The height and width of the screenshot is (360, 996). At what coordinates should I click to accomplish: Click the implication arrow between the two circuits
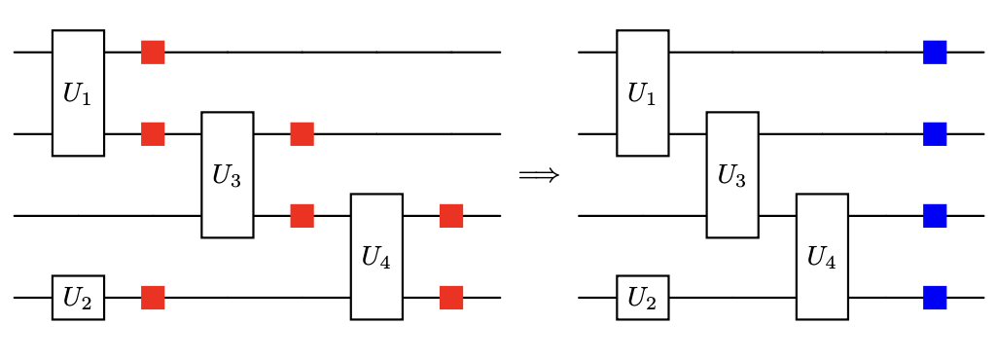pos(539,175)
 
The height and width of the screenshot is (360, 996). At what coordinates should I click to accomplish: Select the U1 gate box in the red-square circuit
pos(78,92)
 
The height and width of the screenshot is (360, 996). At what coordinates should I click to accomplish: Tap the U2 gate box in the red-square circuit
pos(78,298)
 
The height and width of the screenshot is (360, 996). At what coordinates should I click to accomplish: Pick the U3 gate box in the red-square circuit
pos(227,175)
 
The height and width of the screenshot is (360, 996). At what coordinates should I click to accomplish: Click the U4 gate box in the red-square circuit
pos(376,257)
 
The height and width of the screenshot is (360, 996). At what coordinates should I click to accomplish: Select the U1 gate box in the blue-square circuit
pos(642,92)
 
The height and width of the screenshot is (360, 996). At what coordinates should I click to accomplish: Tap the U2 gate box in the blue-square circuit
pos(642,298)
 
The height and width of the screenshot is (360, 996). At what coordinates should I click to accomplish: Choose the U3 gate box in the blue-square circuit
pos(731,175)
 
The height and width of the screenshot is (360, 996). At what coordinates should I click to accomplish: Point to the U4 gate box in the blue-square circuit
pos(822,257)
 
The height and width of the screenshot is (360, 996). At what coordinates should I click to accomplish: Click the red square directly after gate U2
pos(153,298)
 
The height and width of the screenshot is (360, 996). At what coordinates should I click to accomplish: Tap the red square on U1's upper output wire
pos(153,52)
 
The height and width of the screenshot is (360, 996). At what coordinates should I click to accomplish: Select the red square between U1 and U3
pos(153,133)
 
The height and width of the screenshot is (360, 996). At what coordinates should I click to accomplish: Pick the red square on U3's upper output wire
pos(302,133)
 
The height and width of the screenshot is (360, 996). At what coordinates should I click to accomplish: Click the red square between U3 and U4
pos(302,216)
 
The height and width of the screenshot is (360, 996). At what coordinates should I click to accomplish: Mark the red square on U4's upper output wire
pos(450,216)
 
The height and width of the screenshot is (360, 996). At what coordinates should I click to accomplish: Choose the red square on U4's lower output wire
pos(450,298)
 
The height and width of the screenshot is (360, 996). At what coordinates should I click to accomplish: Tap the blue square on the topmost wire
pos(935,52)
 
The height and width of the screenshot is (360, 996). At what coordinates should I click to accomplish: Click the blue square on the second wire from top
pos(935,133)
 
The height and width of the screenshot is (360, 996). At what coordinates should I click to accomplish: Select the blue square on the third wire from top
pos(935,216)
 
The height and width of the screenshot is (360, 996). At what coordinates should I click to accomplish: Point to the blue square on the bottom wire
pos(935,298)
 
